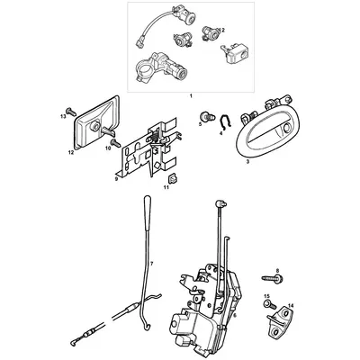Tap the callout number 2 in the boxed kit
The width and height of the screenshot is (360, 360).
(222, 31)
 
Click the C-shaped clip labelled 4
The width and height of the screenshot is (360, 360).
(221, 124)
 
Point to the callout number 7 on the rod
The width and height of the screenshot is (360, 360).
(152, 264)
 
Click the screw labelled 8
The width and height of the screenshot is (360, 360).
(272, 282)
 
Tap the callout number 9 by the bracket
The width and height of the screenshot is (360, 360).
(116, 179)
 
